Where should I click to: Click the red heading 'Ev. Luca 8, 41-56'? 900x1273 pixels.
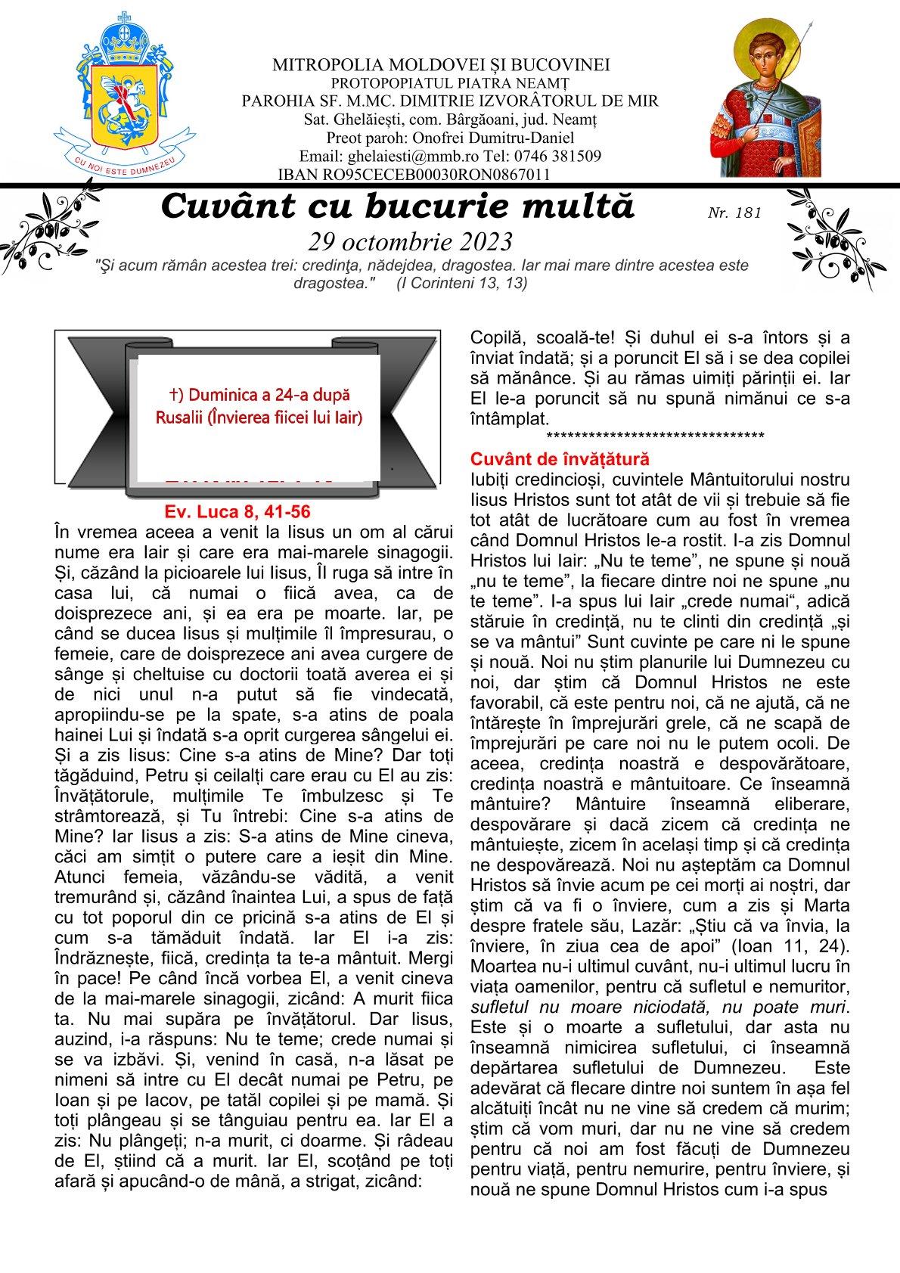237,511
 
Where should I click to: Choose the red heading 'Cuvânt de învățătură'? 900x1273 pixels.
560,459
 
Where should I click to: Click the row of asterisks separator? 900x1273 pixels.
654,437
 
